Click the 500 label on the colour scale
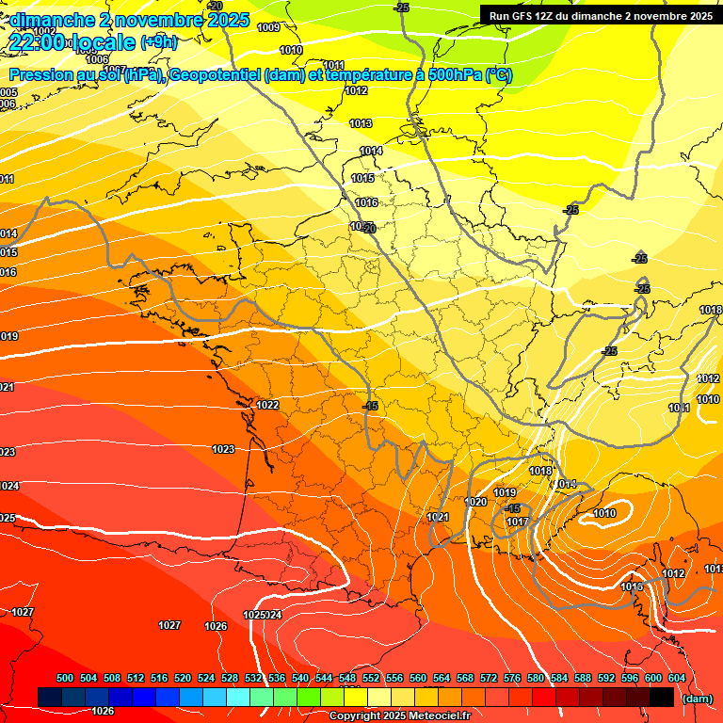point(65,678)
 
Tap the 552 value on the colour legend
point(371,678)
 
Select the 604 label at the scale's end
point(676,678)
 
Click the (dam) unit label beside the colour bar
point(697,699)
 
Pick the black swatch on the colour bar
point(661,697)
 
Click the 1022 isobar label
point(267,405)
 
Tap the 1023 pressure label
point(223,449)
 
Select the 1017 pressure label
point(517,522)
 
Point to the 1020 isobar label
point(477,502)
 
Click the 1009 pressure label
point(268,27)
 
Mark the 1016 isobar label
point(366,202)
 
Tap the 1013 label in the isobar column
point(361,123)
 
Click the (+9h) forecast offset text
point(158,41)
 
